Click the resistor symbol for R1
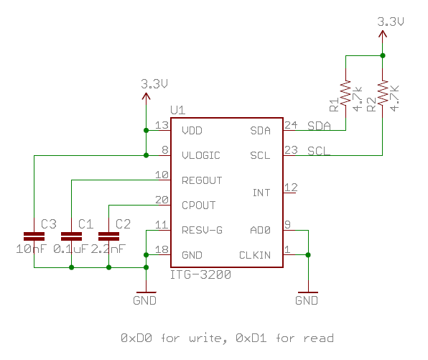345,93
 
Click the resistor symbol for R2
383,93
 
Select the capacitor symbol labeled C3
34,236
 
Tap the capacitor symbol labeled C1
71,236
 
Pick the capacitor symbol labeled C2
108,236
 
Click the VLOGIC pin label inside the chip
201,155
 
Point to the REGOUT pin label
202,180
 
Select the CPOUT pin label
199,206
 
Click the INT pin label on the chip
261,193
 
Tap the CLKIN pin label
255,255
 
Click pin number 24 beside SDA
291,125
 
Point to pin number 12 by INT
291,188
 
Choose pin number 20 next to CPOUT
162,200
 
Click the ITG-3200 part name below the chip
200,274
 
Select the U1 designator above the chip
178,111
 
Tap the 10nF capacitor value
32,249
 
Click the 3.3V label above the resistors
391,22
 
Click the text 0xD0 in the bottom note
136,338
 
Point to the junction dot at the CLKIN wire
308,255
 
